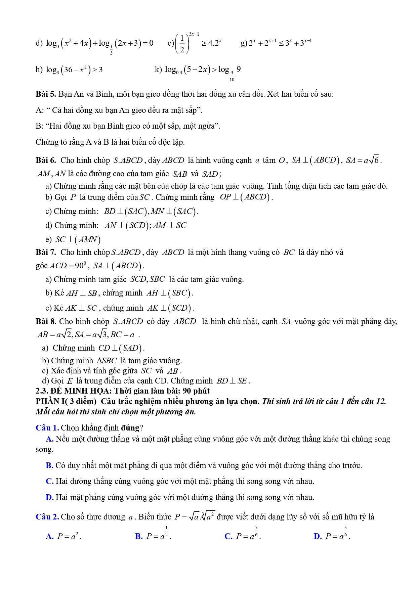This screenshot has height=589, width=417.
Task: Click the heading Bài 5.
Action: click(x=46, y=94)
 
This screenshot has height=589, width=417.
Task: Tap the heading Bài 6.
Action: click(x=46, y=160)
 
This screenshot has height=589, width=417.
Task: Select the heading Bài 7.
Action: click(x=46, y=252)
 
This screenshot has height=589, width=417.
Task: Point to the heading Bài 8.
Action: click(x=46, y=321)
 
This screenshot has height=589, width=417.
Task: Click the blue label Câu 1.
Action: click(x=47, y=428)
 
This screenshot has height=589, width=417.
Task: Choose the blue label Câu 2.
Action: click(x=47, y=517)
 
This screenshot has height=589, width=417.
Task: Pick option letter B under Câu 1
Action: click(x=49, y=465)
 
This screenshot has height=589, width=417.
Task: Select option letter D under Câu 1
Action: click(x=49, y=497)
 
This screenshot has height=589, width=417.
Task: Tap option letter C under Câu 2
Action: click(x=228, y=536)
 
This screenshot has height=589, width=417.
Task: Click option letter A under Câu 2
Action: click(x=49, y=536)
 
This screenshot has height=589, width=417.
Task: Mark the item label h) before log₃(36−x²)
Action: click(x=39, y=70)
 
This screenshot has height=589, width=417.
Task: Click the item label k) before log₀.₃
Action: click(x=158, y=70)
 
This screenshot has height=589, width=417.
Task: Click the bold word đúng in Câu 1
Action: click(x=130, y=428)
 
